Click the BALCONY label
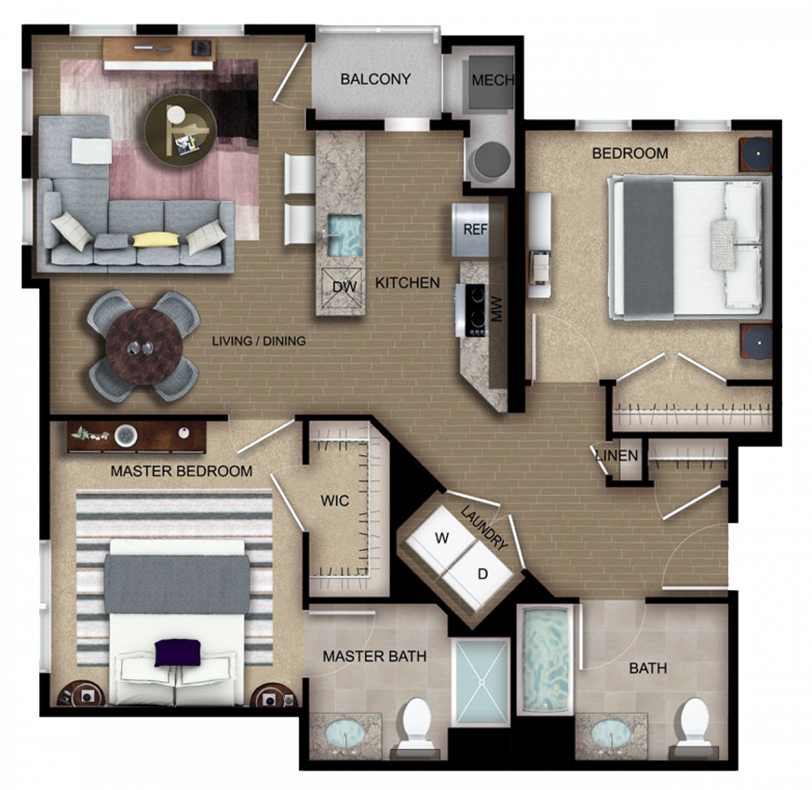[376, 79]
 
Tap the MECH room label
[493, 80]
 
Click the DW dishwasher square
[342, 286]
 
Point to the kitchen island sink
[344, 235]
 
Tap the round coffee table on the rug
[181, 131]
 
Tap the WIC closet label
[335, 501]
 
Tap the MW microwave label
[497, 309]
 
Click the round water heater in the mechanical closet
[489, 160]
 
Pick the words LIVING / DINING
[258, 341]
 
